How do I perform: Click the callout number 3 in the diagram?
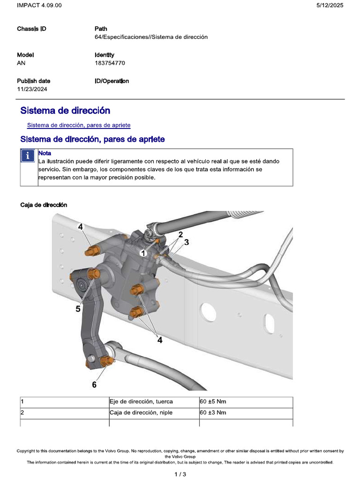tap(186, 242)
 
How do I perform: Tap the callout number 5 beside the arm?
tap(78, 309)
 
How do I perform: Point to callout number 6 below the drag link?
tap(94, 384)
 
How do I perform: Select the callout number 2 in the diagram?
tap(180, 233)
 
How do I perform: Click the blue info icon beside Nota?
tap(29, 156)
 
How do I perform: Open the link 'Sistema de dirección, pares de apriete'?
tap(79, 125)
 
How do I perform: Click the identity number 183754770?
tap(110, 63)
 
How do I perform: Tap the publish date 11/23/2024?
tap(32, 89)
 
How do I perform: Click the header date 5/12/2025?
tap(330, 5)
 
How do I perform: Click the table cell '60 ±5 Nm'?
tap(213, 402)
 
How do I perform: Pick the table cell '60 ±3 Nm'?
tap(213, 412)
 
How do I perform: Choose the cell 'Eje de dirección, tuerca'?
tap(141, 402)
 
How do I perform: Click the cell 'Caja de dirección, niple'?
tap(141, 412)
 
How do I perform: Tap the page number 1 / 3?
tap(180, 474)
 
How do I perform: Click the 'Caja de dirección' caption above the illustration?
tap(44, 205)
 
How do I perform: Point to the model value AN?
tap(21, 63)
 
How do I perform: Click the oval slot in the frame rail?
tap(269, 323)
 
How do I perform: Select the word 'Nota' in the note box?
tap(45, 153)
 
